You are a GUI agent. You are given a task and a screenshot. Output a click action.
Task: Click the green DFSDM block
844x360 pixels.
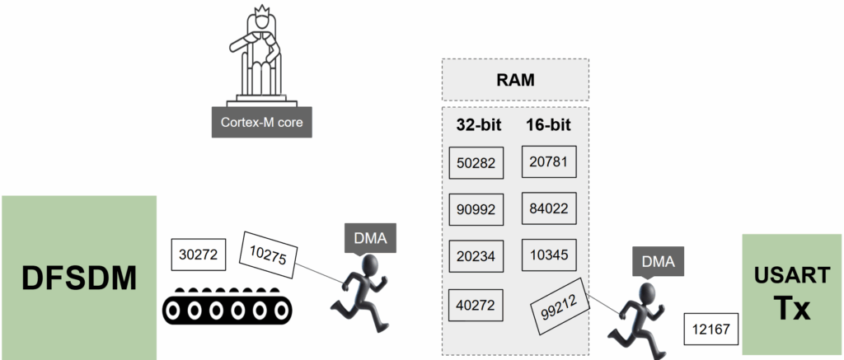pyautogui.click(x=78, y=276)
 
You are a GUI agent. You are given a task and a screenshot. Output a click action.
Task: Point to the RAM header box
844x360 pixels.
pyautogui.click(x=515, y=80)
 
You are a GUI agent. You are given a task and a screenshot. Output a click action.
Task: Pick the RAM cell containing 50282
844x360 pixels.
pyautogui.click(x=476, y=163)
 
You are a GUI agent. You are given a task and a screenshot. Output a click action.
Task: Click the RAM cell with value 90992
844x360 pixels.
pyautogui.click(x=476, y=210)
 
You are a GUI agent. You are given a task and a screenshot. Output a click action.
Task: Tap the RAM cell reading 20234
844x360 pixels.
pyautogui.click(x=476, y=257)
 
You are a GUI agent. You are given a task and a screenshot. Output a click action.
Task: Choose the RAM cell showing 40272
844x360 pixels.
pyautogui.click(x=476, y=305)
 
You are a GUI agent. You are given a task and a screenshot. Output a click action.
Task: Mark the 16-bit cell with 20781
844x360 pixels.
pyautogui.click(x=548, y=161)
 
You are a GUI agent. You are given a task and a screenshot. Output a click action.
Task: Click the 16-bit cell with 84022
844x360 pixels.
pyautogui.click(x=548, y=208)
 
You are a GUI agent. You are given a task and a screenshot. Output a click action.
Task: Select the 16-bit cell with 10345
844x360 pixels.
pyautogui.click(x=548, y=254)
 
